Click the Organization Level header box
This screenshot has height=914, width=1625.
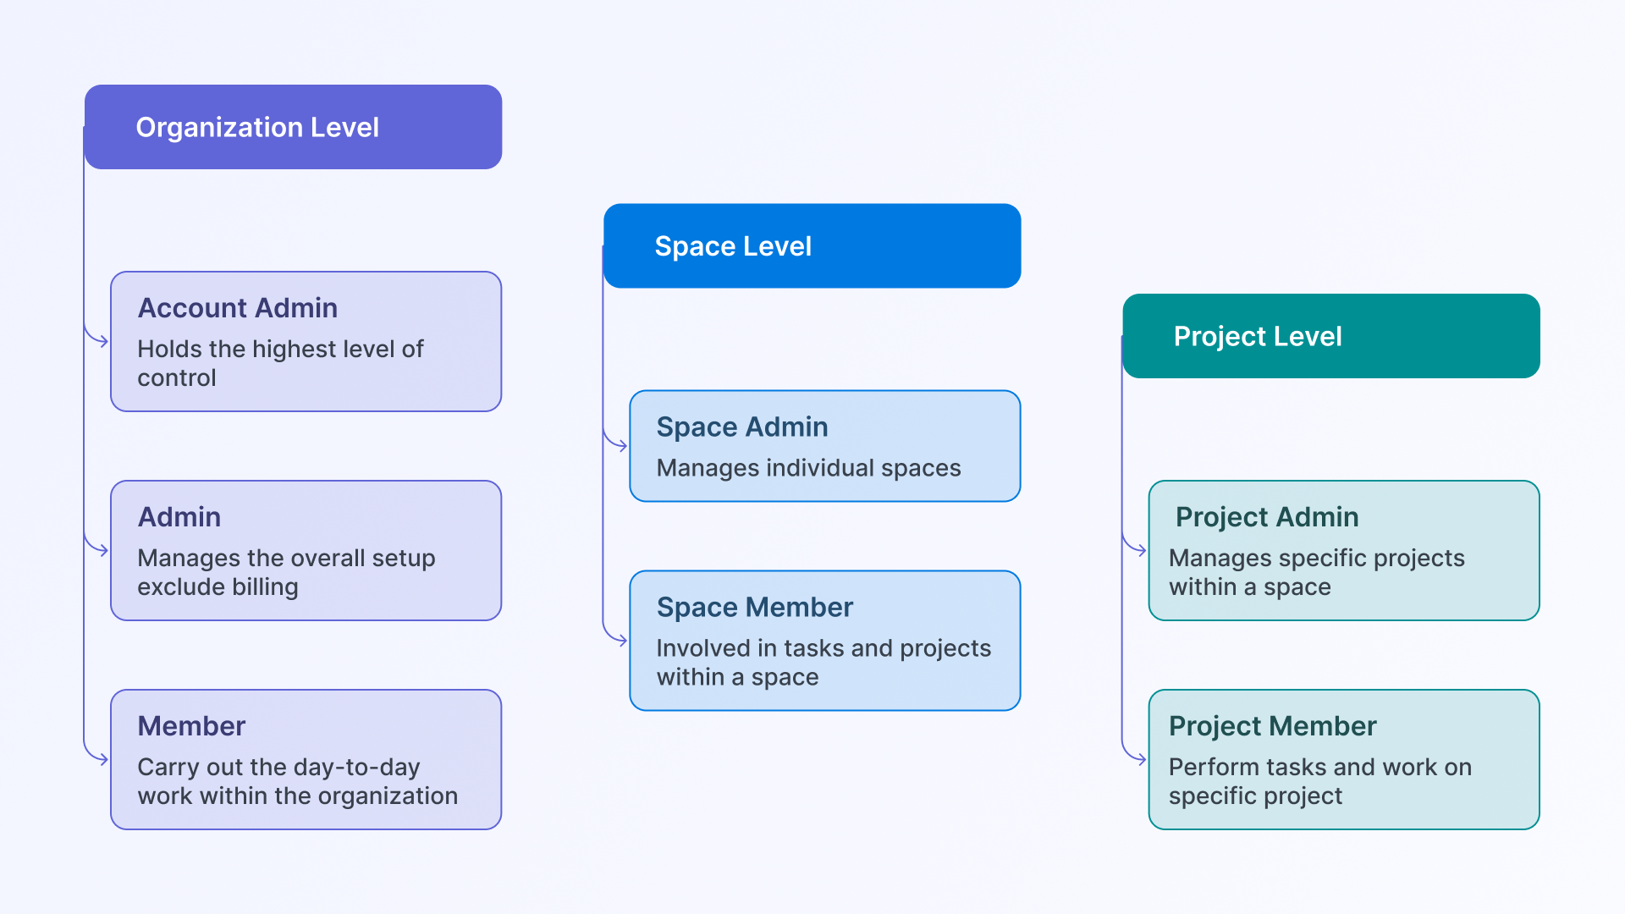point(293,127)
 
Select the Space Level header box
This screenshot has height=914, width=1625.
point(812,246)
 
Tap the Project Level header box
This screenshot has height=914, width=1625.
point(1331,336)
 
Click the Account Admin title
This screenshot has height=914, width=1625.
point(238,308)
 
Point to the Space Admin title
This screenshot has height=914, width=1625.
point(742,427)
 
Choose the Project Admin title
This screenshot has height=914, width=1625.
point(1267,517)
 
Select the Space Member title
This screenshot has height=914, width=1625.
point(755,608)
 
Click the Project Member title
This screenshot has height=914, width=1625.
point(1273,726)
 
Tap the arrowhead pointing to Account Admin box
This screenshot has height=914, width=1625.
point(103,341)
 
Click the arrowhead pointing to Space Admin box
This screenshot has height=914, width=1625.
point(622,446)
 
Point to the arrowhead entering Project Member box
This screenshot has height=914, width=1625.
point(1141,760)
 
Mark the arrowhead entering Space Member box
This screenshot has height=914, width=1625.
point(622,641)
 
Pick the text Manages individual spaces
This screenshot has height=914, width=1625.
point(809,468)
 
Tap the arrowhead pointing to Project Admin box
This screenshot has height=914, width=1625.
point(1141,551)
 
